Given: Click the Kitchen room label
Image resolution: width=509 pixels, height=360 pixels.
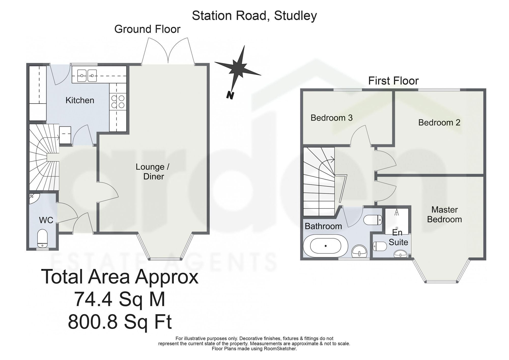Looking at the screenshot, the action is (x=80, y=100).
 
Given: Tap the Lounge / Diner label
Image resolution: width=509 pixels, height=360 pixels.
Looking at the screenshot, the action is (x=153, y=172).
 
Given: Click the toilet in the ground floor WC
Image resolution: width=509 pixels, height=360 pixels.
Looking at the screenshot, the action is (x=42, y=238).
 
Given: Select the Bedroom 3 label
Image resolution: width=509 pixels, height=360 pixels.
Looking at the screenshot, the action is (x=332, y=118).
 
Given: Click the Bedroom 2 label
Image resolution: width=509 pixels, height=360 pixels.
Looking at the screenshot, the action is (x=439, y=122).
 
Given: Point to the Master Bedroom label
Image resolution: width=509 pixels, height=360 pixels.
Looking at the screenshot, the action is (x=444, y=214).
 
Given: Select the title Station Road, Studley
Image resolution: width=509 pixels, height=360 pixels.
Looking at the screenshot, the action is (x=254, y=16).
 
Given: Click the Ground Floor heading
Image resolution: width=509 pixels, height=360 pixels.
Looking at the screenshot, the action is (x=147, y=29).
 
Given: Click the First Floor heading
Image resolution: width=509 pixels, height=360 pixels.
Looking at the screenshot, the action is (x=393, y=81).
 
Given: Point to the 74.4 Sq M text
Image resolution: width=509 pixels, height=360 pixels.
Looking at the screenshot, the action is (x=120, y=299).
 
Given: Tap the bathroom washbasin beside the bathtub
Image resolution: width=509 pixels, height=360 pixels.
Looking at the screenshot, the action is (x=359, y=251).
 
